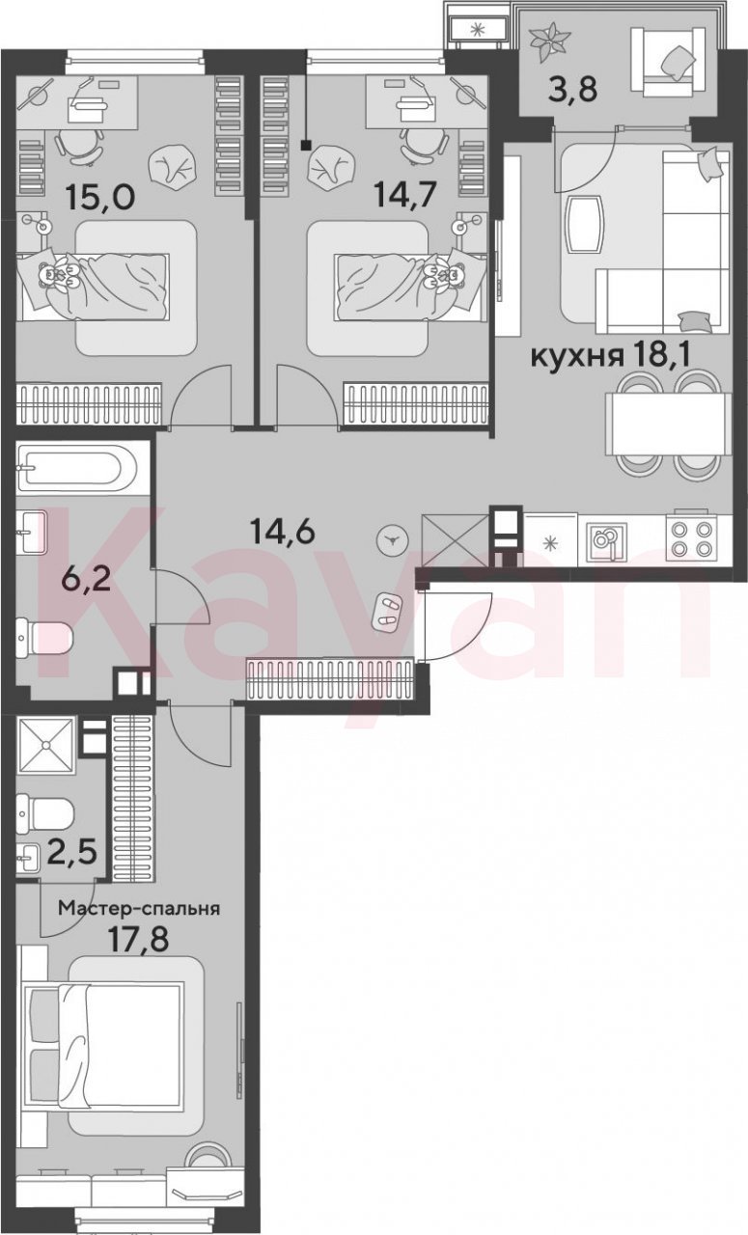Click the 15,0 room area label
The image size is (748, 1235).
[99, 196]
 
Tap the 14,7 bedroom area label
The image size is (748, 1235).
[405, 194]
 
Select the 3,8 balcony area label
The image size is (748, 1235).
[572, 90]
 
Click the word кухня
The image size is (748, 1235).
[577, 357]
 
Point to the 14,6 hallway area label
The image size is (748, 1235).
[282, 532]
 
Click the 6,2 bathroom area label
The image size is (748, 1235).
[86, 580]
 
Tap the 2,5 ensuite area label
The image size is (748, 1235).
[72, 852]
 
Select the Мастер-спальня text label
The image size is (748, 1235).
[139, 908]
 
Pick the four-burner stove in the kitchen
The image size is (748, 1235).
[692, 537]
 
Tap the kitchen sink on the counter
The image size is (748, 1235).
[605, 540]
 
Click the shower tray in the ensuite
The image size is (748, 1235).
[45, 746]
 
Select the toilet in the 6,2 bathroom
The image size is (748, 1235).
[44, 637]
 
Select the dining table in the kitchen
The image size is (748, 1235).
[668, 424]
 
